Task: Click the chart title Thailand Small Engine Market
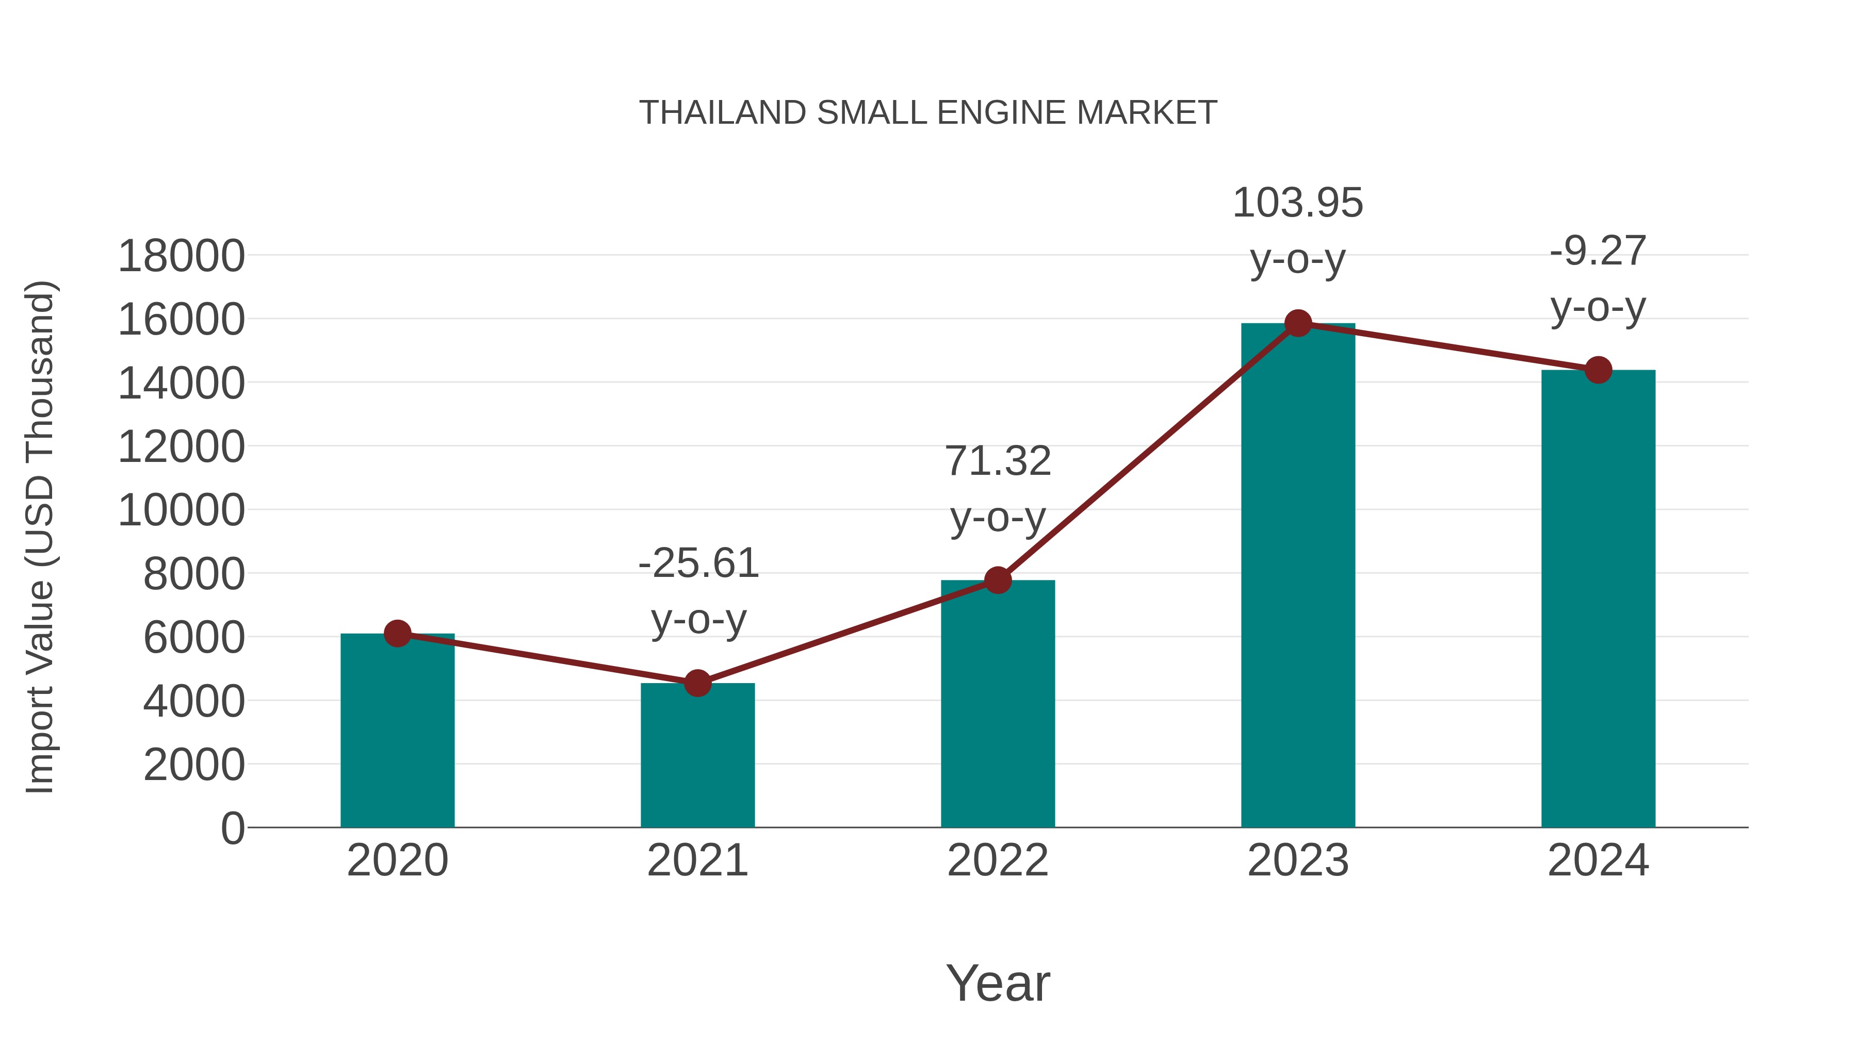928,113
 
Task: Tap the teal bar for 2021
697,756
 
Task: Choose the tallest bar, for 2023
1298,576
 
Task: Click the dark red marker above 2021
697,683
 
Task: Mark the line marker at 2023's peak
1298,323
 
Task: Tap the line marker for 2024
1598,370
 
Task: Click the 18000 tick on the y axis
181,257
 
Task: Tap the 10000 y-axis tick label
181,511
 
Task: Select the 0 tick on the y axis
232,828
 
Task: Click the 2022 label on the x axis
997,861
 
